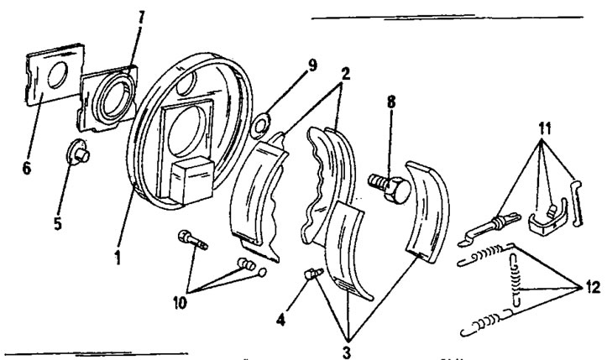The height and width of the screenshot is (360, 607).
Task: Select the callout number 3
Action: (x=345, y=344)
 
